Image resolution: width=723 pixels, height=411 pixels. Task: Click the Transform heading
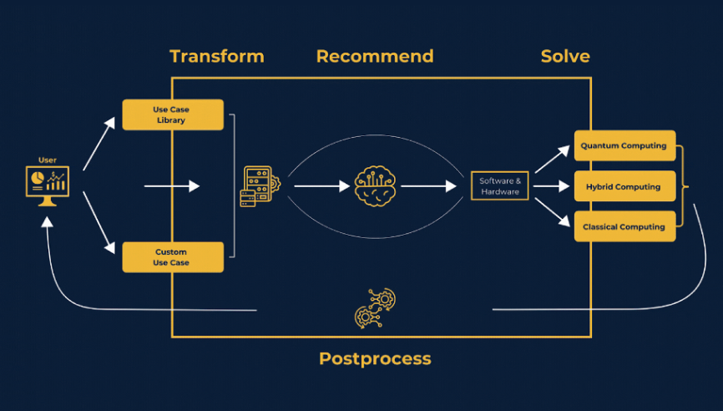pyautogui.click(x=216, y=57)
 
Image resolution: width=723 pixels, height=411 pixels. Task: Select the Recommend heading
pyautogui.click(x=374, y=57)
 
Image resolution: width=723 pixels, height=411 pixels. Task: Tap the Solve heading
pyautogui.click(x=564, y=57)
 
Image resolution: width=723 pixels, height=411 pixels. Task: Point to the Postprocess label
pyautogui.click(x=375, y=359)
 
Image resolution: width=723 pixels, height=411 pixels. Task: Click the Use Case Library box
pyautogui.click(x=173, y=115)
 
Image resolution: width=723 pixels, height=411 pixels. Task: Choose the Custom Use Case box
pyautogui.click(x=173, y=257)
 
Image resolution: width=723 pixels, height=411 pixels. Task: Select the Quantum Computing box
pyautogui.click(x=624, y=146)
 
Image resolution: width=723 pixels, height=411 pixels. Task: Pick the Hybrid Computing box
pyautogui.click(x=624, y=187)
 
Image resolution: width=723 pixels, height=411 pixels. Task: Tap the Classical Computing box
pyautogui.click(x=624, y=226)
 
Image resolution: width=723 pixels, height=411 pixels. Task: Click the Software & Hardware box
pyautogui.click(x=500, y=186)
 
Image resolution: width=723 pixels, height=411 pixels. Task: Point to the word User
pyautogui.click(x=48, y=160)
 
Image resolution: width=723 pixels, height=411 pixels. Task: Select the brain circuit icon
pyautogui.click(x=374, y=186)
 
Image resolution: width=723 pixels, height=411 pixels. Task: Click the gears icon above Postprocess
pyautogui.click(x=375, y=307)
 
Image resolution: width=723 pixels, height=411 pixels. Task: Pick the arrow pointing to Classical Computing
pyautogui.click(x=551, y=214)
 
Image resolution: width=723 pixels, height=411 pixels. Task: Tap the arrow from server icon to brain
pyautogui.click(x=321, y=186)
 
